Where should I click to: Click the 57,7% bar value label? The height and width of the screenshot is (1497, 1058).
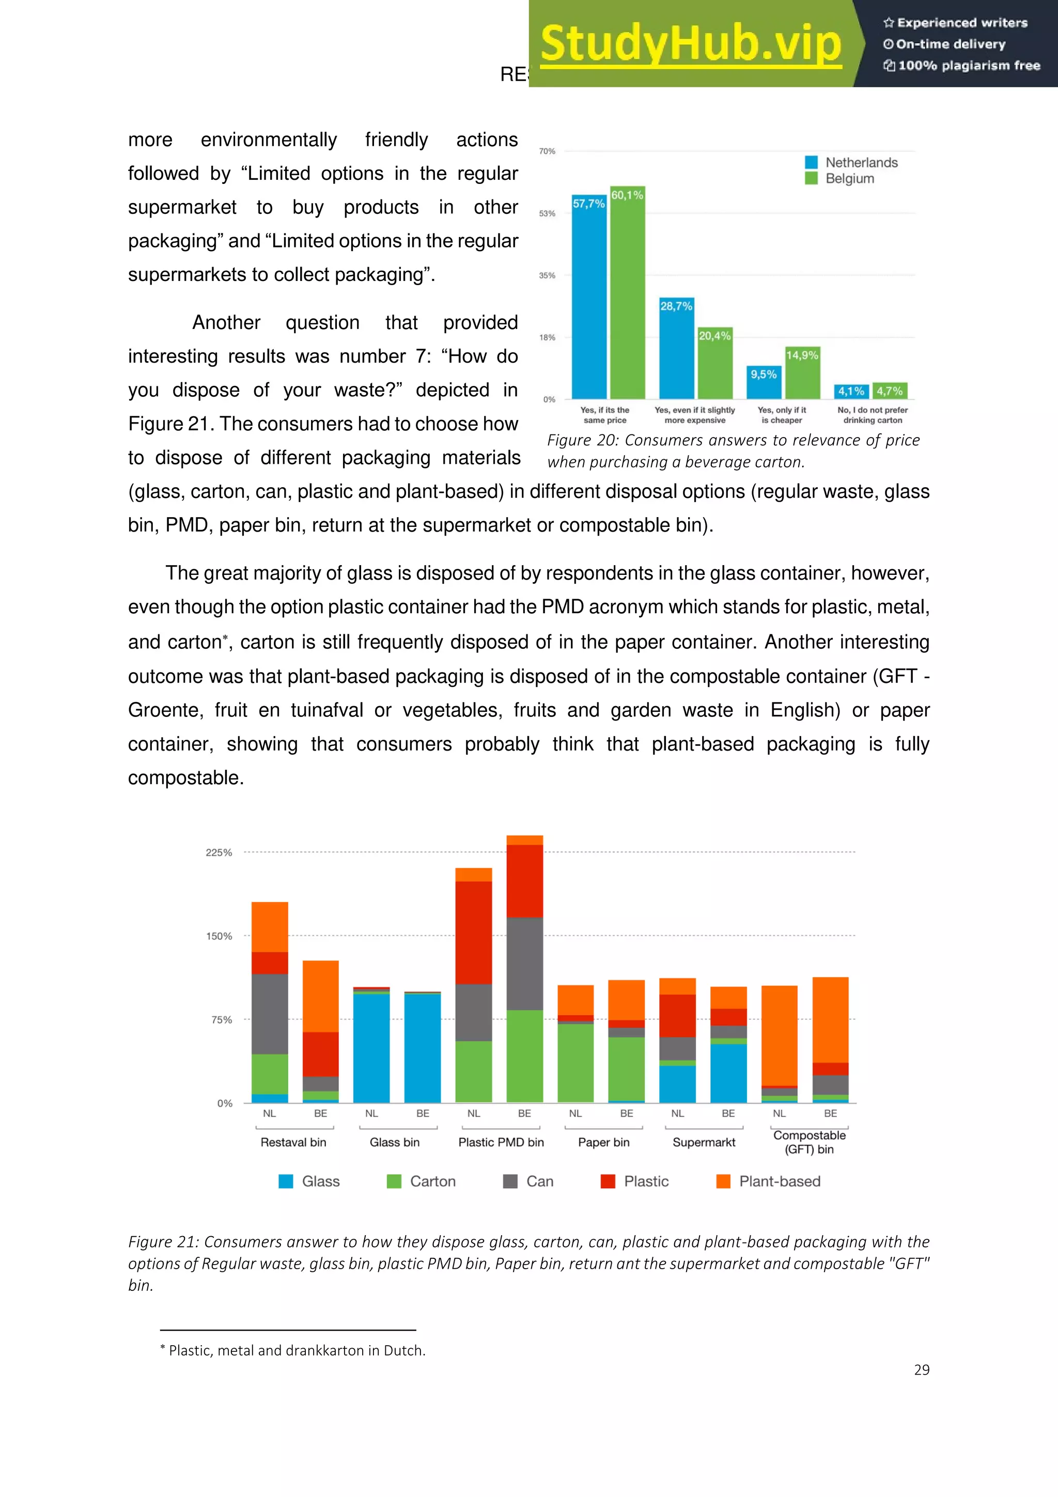click(588, 204)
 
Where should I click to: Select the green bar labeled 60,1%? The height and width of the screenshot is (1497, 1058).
click(628, 300)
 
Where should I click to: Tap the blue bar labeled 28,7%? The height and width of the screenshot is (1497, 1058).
click(676, 355)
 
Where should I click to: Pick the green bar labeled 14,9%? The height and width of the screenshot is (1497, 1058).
click(802, 378)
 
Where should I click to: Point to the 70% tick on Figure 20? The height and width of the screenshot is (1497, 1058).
click(547, 151)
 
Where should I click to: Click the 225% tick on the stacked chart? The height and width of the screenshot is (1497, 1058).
click(219, 852)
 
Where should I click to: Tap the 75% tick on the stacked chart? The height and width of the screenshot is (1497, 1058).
click(222, 1020)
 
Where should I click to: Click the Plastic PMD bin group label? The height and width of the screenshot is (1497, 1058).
click(501, 1142)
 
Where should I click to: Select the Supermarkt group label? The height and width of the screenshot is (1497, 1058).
click(704, 1142)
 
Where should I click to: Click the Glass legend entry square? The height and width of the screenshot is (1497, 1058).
click(286, 1181)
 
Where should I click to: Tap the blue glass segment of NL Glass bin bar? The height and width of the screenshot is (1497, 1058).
click(371, 1050)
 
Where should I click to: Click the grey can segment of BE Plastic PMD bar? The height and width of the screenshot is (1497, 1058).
click(525, 964)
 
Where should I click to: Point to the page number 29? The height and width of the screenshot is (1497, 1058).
click(921, 1370)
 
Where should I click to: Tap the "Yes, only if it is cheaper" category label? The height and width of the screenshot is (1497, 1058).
click(782, 415)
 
